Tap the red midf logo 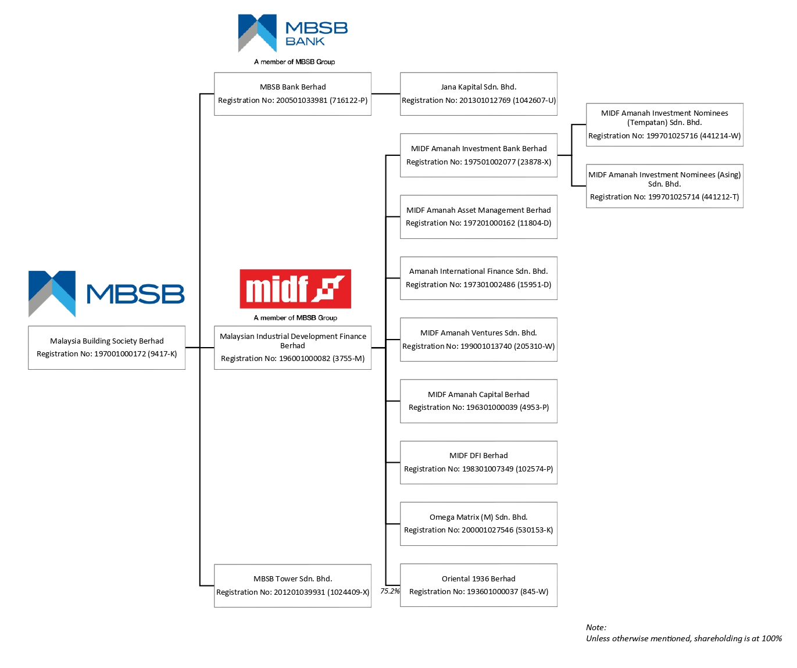pyautogui.click(x=295, y=289)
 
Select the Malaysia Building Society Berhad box pyautogui.click(x=107, y=348)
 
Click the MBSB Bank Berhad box pyautogui.click(x=292, y=94)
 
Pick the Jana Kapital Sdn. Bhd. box pyautogui.click(x=478, y=94)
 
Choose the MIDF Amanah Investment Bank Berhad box pyautogui.click(x=478, y=155)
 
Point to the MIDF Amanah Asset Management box pyautogui.click(x=478, y=217)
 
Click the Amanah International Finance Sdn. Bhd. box pyautogui.click(x=478, y=278)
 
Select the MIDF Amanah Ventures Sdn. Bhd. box pyautogui.click(x=478, y=340)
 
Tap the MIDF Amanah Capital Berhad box pyautogui.click(x=478, y=401)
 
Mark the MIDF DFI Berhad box pyautogui.click(x=478, y=462)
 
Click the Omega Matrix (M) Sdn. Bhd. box pyautogui.click(x=478, y=524)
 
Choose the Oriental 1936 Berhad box pyautogui.click(x=478, y=585)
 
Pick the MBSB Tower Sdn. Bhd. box pyautogui.click(x=292, y=585)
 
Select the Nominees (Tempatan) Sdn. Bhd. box pyautogui.click(x=664, y=124)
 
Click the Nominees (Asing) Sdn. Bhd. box pyautogui.click(x=664, y=186)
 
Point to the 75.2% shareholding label pyautogui.click(x=390, y=591)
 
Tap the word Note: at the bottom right pyautogui.click(x=596, y=627)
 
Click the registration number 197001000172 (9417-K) pyautogui.click(x=135, y=354)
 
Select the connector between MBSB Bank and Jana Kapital pyautogui.click(x=385, y=94)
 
